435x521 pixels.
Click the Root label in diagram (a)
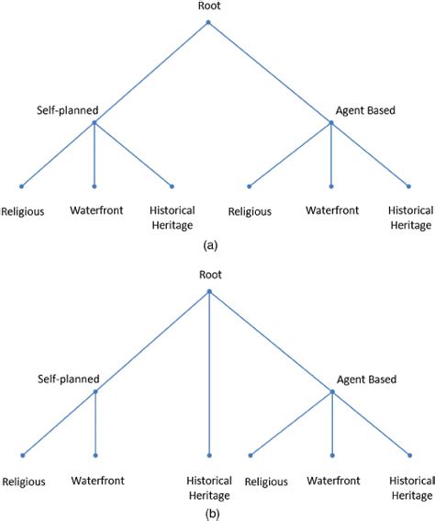[x=208, y=6]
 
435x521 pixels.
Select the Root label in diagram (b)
[x=209, y=275]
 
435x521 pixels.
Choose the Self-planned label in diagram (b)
[x=67, y=379]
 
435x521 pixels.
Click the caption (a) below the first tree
[x=210, y=244]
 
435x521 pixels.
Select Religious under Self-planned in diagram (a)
[x=23, y=210]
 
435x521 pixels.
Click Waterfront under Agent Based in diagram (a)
[x=332, y=210]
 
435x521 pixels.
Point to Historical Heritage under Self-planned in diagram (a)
[x=172, y=216]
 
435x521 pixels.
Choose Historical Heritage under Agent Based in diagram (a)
[x=409, y=216]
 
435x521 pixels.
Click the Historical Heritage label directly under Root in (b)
[x=209, y=486]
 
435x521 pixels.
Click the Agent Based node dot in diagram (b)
[x=332, y=391]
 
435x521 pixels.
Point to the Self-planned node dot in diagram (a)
[x=95, y=121]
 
